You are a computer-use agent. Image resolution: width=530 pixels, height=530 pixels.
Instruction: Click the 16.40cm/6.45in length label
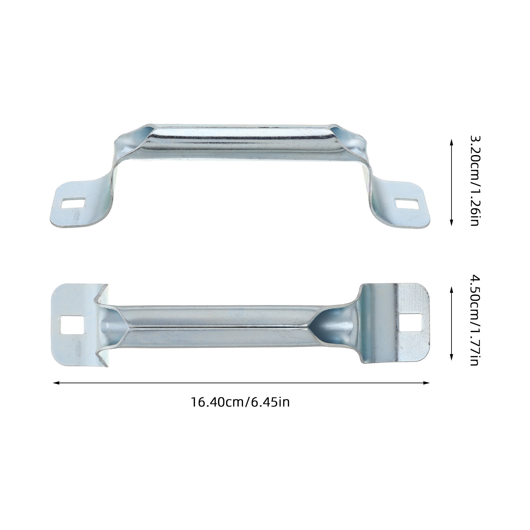pos(240,402)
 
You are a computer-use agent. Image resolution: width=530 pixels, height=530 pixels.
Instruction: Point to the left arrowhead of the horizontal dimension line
pos(56,383)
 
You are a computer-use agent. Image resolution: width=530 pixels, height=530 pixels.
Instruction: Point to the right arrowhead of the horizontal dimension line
pos(426,383)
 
